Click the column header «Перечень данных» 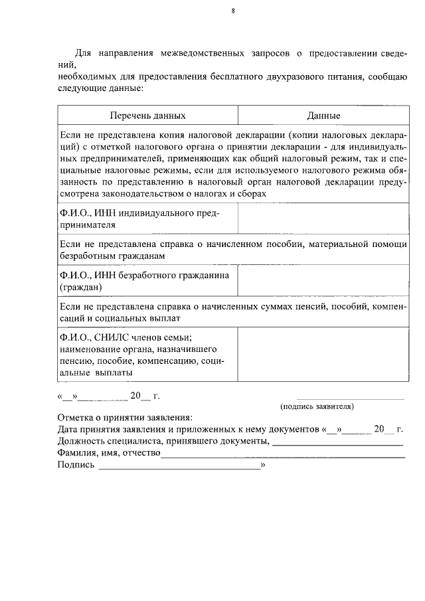pyautogui.click(x=147, y=116)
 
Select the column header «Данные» pyautogui.click(x=323, y=116)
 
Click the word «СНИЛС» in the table pyautogui.click(x=112, y=337)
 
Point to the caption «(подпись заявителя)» pyautogui.click(x=317, y=405)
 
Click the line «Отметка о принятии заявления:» pyautogui.click(x=124, y=417)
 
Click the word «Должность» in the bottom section pyautogui.click(x=81, y=441)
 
